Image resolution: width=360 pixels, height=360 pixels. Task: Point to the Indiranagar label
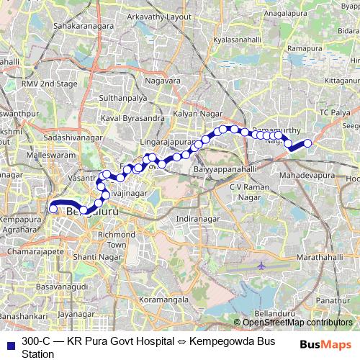coord(197,217)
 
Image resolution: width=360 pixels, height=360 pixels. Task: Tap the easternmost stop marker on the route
coord(308,143)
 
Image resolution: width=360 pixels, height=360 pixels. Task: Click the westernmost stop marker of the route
coord(53,210)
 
